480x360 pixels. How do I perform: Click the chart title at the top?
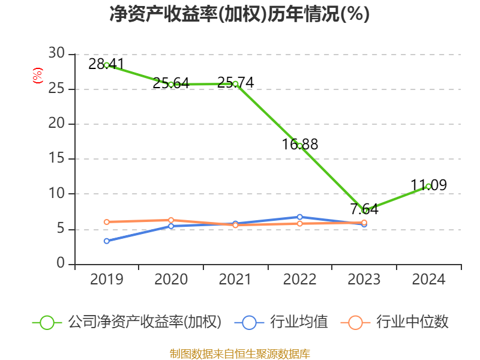[x=239, y=14]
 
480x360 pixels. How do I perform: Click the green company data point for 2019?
[x=107, y=65]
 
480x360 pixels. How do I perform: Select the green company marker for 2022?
[x=300, y=146]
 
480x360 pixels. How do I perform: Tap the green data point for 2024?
[x=428, y=186]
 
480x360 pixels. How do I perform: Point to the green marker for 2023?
[x=364, y=211]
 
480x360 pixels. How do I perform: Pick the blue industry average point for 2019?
[x=107, y=241]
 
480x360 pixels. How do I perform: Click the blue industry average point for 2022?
[x=300, y=217]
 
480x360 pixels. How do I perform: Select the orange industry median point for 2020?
[x=171, y=220]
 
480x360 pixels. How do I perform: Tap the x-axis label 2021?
[x=235, y=280]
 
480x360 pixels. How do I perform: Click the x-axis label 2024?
[x=428, y=280]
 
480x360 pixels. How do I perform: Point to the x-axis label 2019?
[x=107, y=280]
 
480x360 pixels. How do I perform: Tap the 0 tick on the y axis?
[x=61, y=264]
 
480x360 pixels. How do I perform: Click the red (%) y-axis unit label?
[x=38, y=76]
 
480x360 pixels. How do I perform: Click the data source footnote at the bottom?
[x=239, y=353]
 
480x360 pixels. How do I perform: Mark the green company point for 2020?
[x=171, y=85]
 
